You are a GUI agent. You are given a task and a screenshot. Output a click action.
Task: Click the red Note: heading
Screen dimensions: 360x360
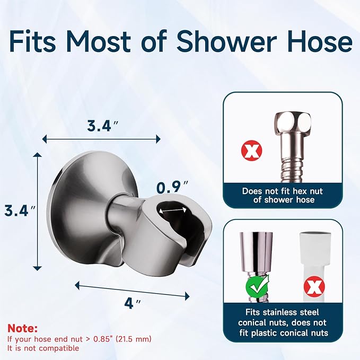(x=23, y=329)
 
